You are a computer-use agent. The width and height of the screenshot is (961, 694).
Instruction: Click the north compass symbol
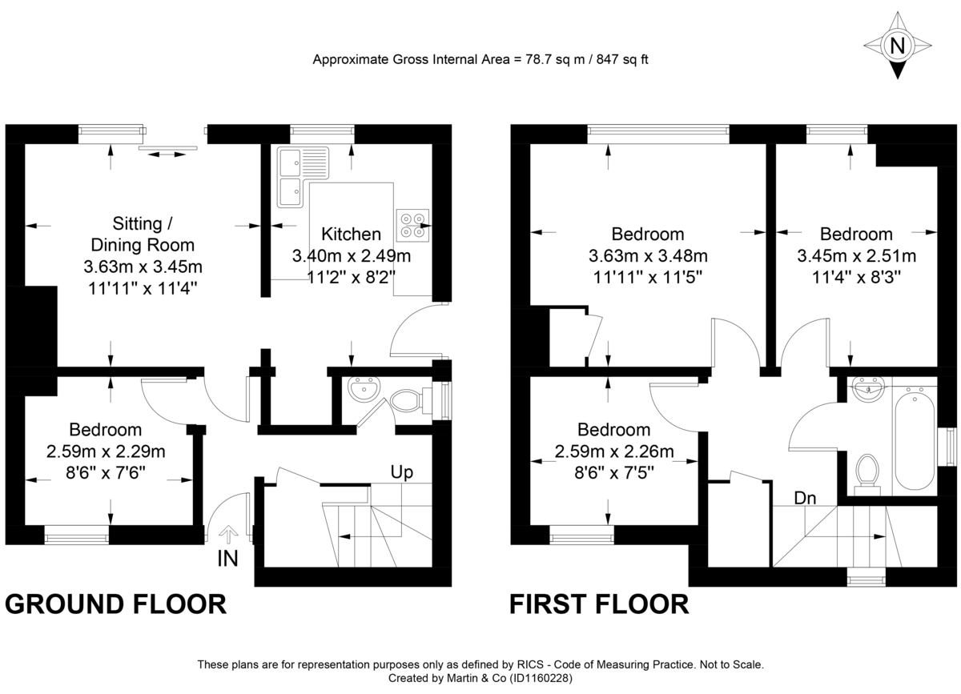coord(898,46)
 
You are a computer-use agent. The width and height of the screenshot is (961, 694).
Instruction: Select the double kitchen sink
coord(291,176)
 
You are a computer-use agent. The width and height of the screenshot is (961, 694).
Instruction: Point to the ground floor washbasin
coord(364,391)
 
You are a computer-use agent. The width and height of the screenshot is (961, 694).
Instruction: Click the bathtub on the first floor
coord(914,440)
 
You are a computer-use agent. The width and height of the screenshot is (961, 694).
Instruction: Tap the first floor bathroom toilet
coord(866,469)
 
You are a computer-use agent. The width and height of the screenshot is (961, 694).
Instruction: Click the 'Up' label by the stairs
coord(401,472)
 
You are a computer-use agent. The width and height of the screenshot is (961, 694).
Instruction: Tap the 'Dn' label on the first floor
coord(805,498)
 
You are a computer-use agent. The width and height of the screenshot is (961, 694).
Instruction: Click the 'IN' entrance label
coord(228,560)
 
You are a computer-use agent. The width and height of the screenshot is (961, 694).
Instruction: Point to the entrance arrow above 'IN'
coord(229,534)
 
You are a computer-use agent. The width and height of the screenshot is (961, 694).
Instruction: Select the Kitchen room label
coord(351,235)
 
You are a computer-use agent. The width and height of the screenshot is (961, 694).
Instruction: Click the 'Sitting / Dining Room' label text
coord(143,233)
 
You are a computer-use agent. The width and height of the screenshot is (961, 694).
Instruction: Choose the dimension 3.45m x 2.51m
coord(856,256)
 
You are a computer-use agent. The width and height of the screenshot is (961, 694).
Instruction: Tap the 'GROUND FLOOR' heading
coord(115,604)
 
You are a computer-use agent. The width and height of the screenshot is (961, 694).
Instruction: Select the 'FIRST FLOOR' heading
coord(599,604)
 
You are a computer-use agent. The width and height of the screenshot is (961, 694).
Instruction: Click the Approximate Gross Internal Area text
coord(480,60)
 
